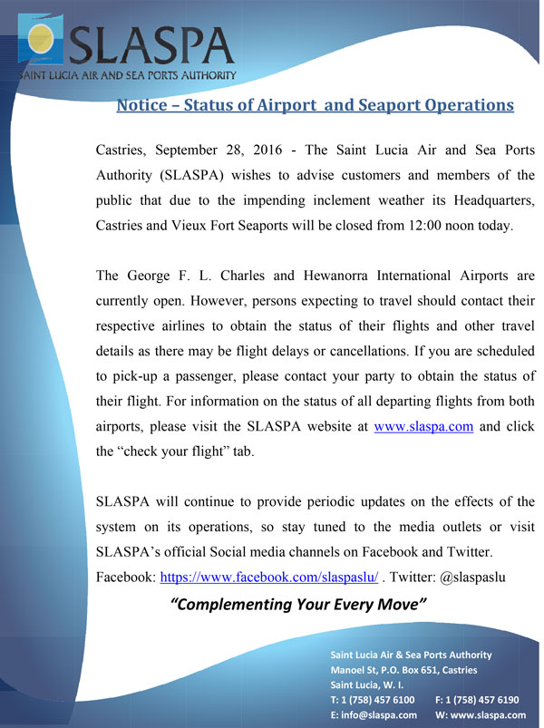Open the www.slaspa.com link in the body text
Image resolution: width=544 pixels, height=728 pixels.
424,427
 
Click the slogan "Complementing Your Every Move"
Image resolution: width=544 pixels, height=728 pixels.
298,605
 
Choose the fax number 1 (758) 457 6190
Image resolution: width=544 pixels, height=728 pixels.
483,700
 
